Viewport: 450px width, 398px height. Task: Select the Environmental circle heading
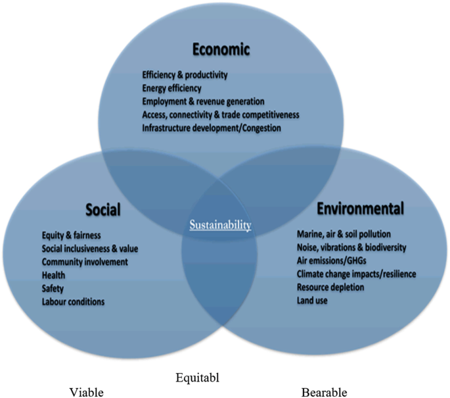(360, 209)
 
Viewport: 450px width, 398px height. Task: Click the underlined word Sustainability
(221, 225)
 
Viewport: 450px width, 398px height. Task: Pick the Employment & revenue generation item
(203, 101)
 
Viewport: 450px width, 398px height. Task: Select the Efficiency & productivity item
(185, 75)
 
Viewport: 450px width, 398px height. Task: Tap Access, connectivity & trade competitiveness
(220, 114)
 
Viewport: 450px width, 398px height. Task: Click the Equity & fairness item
(70, 236)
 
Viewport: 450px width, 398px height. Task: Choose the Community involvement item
(84, 262)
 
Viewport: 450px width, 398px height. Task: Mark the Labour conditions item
(73, 301)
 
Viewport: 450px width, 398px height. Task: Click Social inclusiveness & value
(90, 249)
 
